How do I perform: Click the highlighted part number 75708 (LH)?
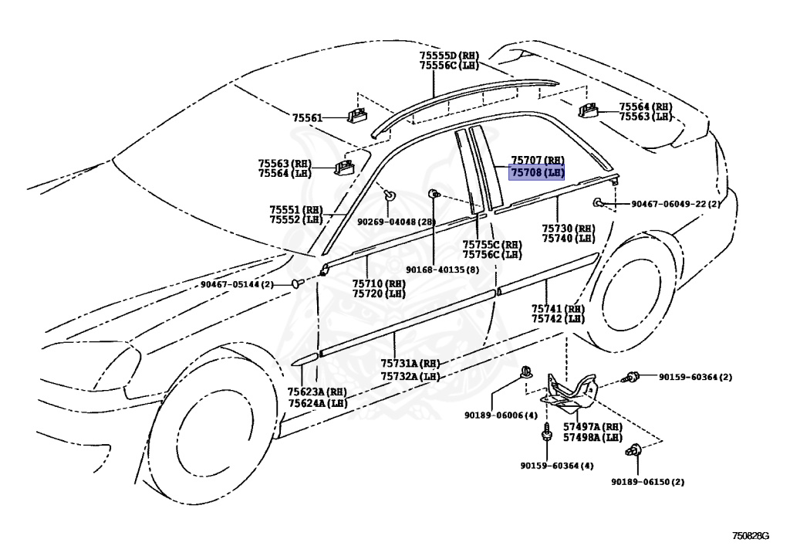(537, 173)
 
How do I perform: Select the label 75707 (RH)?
(537, 161)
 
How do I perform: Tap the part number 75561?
(307, 117)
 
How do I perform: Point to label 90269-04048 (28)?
(397, 222)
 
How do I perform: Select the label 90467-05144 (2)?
(237, 284)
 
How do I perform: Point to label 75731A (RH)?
(410, 364)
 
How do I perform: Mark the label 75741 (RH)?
(558, 309)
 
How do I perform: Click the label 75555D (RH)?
(449, 56)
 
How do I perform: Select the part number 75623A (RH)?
(317, 392)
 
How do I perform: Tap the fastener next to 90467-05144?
(297, 284)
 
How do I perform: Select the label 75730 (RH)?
(569, 229)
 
